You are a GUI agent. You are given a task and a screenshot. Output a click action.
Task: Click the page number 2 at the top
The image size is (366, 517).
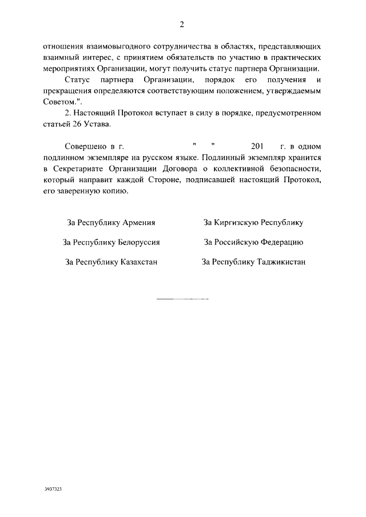tap(182, 24)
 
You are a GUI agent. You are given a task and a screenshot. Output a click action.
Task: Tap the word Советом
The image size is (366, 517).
tap(58, 103)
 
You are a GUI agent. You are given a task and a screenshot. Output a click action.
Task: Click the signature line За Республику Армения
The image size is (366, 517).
tap(111, 223)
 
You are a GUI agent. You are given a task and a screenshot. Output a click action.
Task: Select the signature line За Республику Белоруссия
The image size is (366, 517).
tap(111, 242)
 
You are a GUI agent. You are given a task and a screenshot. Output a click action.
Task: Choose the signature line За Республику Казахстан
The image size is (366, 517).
tap(111, 262)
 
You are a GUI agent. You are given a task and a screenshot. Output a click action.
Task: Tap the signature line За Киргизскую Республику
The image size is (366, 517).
tap(253, 223)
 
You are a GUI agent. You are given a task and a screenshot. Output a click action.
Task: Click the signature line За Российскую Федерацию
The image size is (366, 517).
tap(253, 242)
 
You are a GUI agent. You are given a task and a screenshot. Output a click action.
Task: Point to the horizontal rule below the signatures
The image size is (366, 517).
tap(182, 299)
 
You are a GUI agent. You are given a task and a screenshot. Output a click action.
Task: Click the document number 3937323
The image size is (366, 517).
tap(53, 490)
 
